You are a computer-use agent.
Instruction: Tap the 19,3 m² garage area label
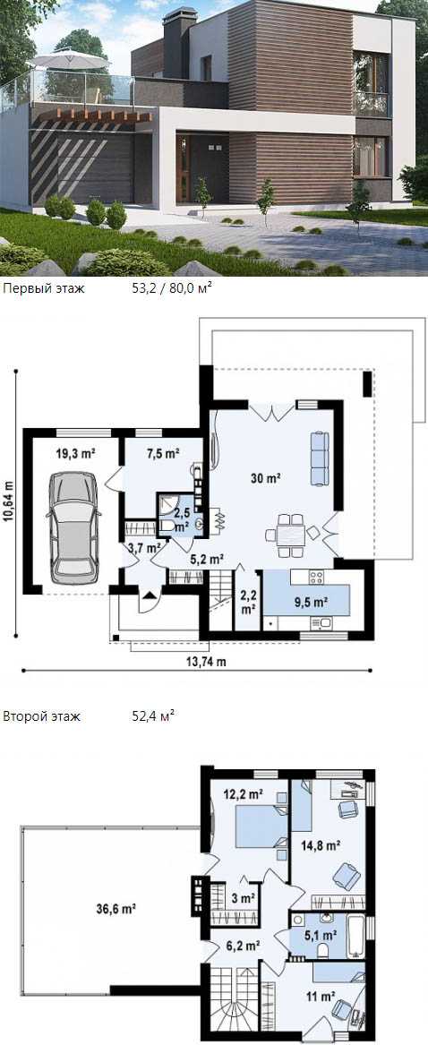74,453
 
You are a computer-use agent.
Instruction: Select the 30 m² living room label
265,478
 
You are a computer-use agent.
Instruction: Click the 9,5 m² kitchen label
311,602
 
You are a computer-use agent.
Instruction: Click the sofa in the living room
320,458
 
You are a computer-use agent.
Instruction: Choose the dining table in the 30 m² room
289,534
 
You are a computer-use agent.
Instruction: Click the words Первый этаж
44,288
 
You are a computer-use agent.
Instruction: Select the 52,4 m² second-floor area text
153,716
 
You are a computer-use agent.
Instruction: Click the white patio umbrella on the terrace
69,61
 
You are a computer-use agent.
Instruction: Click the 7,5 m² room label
163,453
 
